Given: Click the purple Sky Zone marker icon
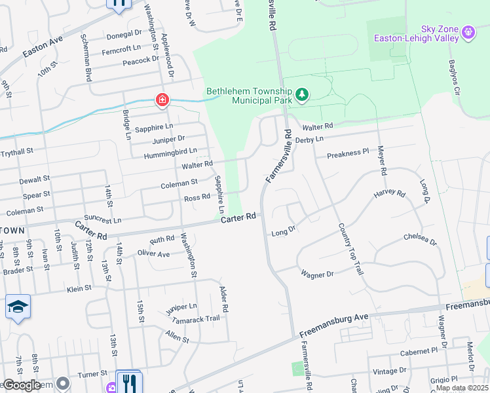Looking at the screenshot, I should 468,31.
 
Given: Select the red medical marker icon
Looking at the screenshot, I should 161,101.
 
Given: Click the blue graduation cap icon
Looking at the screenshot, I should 18,307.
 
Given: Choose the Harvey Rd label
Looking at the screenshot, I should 390,195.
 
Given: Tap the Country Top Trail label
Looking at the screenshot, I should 350,248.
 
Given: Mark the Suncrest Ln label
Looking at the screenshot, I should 104,219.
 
